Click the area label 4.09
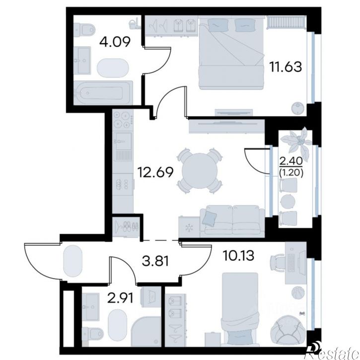(115, 42)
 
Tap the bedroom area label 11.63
(286, 67)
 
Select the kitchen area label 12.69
(155, 172)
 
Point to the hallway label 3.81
(155, 261)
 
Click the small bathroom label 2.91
(121, 298)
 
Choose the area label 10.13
(238, 256)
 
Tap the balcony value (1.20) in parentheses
(291, 172)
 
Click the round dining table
(200, 171)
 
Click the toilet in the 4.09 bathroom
(85, 29)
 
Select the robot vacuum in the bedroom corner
(298, 107)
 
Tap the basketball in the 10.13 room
(298, 292)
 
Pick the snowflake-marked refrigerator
(189, 227)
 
